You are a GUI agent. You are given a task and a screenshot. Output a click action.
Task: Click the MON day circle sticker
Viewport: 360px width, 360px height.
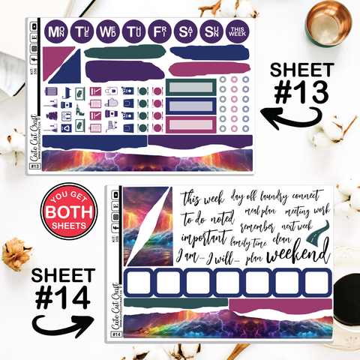click(x=55, y=31)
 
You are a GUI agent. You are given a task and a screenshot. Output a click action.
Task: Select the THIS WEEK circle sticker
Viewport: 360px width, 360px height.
click(x=236, y=31)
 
